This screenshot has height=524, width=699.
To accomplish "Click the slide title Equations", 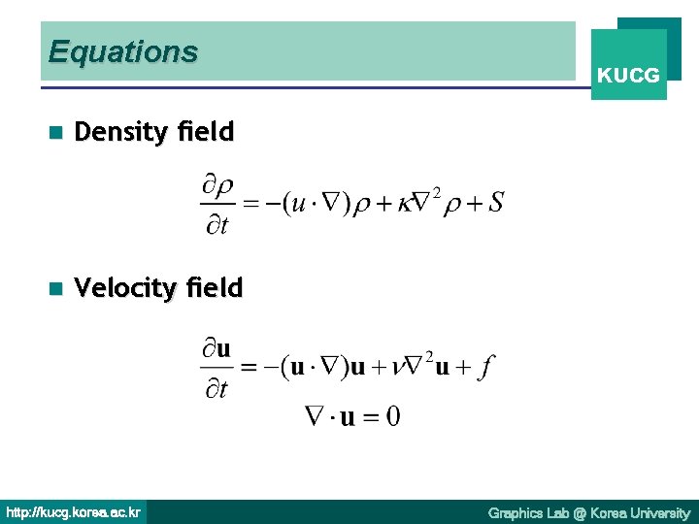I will pyautogui.click(x=122, y=51).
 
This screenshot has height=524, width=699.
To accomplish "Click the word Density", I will pyautogui.click(x=121, y=132).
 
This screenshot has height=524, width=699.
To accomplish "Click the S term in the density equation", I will pyautogui.click(x=495, y=203).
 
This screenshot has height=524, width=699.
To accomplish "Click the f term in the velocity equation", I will pyautogui.click(x=486, y=368).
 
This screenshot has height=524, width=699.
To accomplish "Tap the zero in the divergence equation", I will pyautogui.click(x=392, y=417).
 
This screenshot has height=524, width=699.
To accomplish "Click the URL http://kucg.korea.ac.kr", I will pyautogui.click(x=74, y=511).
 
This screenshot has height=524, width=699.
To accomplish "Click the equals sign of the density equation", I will pyautogui.click(x=250, y=204).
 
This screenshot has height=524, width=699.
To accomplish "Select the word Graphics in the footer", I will pyautogui.click(x=517, y=512).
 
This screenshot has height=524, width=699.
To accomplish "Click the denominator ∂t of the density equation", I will pyautogui.click(x=217, y=225).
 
